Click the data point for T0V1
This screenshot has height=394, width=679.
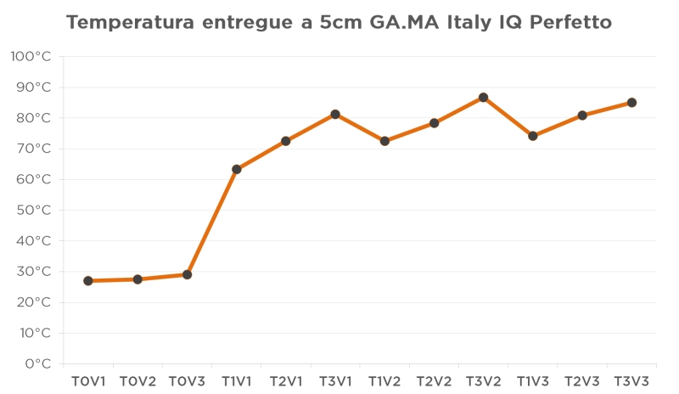click(88, 281)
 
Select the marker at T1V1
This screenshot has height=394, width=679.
click(237, 169)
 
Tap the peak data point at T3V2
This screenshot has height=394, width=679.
click(484, 98)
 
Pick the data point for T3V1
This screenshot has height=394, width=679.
click(335, 114)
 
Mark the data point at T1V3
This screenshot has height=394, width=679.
click(533, 136)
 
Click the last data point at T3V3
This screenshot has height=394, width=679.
click(631, 103)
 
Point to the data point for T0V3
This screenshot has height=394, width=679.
click(187, 274)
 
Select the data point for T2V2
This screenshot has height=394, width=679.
click(434, 123)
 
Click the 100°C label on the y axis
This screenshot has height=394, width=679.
click(31, 57)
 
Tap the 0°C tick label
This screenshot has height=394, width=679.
click(38, 363)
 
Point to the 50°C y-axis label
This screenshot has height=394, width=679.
click(35, 210)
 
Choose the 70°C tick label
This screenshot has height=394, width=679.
click(35, 149)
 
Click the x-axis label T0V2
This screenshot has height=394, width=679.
click(137, 382)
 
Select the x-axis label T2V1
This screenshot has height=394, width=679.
click(286, 382)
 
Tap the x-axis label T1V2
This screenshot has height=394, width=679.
click(384, 382)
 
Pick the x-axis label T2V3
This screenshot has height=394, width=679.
click(582, 382)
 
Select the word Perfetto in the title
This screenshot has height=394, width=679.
click(570, 23)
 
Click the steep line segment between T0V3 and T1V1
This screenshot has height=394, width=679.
click(212, 222)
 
